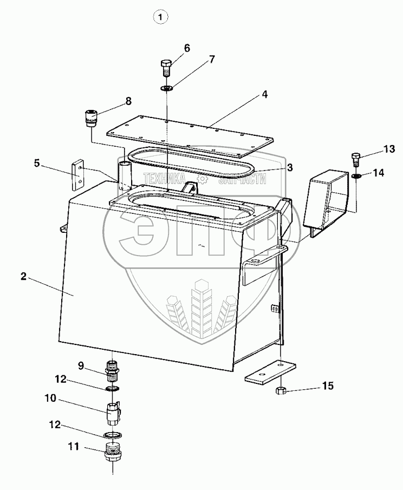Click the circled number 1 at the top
(160, 17)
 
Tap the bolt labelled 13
(356, 159)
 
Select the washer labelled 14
(356, 176)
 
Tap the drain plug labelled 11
(112, 449)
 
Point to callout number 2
(23, 277)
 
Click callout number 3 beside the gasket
(290, 168)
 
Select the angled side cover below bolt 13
(325, 200)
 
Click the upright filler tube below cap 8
(124, 173)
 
